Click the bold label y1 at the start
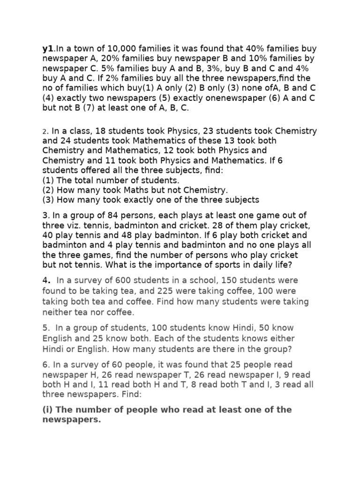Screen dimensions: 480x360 47,48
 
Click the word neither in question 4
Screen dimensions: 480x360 57,311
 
